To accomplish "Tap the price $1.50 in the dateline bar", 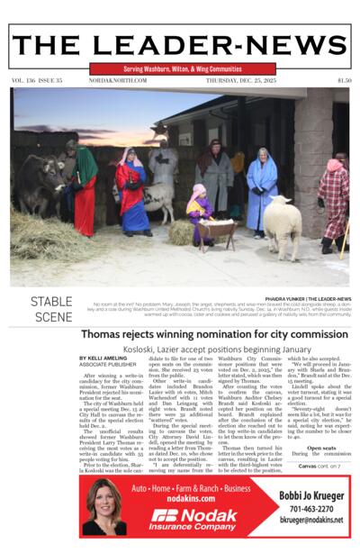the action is point(343,80).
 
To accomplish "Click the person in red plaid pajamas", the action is point(333,198).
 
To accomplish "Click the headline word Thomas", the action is point(106,334).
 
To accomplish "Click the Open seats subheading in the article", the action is point(320,448).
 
